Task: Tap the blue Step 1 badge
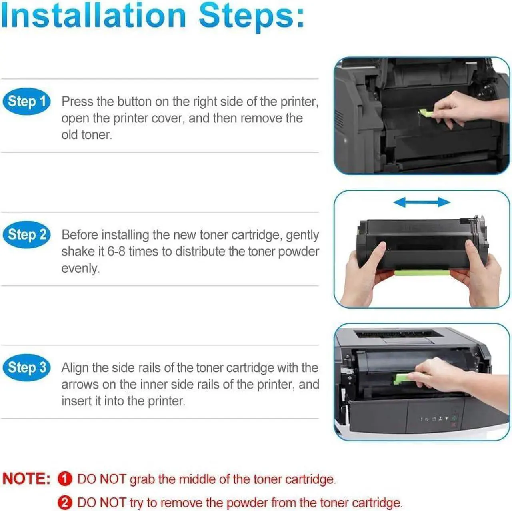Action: tap(26, 101)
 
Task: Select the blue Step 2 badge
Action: tap(26, 234)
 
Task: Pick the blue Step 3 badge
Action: tap(26, 367)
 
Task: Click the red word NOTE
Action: tap(26, 479)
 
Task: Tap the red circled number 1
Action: tap(65, 479)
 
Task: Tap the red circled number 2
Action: tap(65, 503)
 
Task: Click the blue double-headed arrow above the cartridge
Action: tap(422, 202)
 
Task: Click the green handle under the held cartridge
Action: tap(422, 273)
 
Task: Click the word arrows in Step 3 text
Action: tap(80, 385)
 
